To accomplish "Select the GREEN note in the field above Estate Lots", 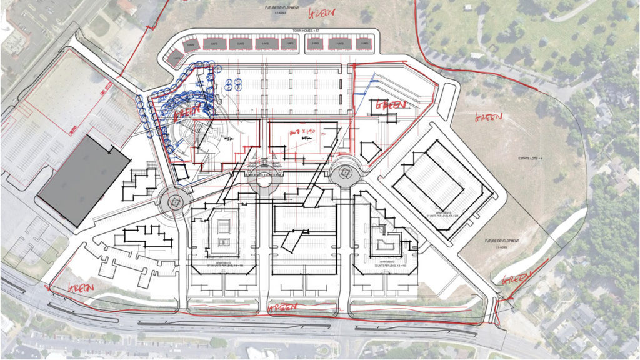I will (x=489, y=117).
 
